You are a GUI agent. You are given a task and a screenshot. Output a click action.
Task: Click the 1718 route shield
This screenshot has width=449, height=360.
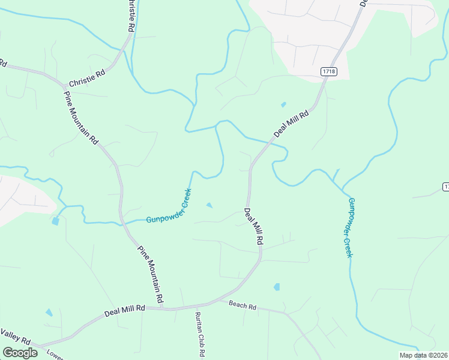[x=328, y=71]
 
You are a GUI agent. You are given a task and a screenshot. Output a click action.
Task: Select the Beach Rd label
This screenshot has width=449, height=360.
[x=243, y=305]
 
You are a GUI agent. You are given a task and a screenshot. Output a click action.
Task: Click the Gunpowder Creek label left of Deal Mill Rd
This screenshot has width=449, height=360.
[x=169, y=206]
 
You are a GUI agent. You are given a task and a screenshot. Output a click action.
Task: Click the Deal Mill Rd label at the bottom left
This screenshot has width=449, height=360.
[x=125, y=311]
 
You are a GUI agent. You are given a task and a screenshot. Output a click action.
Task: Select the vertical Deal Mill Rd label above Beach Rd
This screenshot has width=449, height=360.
[x=253, y=226]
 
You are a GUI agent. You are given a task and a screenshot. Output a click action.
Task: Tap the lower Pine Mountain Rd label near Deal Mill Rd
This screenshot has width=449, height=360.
[x=151, y=274]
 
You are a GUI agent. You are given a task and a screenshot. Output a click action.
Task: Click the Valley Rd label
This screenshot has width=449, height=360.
[x=12, y=336]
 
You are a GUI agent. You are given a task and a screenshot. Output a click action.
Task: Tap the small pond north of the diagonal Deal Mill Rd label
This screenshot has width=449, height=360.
[x=283, y=104]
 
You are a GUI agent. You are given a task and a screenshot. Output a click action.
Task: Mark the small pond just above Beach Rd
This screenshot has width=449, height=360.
[x=277, y=287]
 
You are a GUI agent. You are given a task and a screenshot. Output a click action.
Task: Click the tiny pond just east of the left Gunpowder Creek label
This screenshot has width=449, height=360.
[x=209, y=206]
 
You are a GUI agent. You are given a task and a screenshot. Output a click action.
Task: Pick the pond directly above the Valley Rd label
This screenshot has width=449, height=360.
[x=49, y=313]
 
